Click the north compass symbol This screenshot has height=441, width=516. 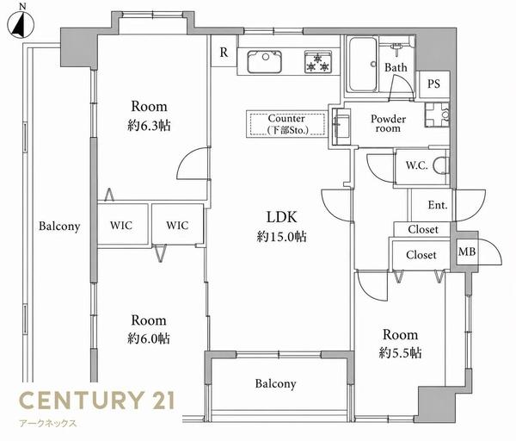point(21,23)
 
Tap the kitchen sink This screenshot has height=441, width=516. point(264,62)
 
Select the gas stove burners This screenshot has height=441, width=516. point(318,62)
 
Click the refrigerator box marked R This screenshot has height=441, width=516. point(224,52)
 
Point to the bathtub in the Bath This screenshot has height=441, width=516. point(362,65)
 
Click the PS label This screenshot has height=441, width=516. point(433,84)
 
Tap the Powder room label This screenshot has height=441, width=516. point(389,123)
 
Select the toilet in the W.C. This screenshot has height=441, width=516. point(441,165)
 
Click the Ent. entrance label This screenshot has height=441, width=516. point(438,205)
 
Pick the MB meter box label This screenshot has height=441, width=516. point(467,252)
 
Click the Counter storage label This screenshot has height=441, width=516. point(287,124)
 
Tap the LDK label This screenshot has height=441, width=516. point(282,217)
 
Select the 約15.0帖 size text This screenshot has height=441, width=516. point(281,236)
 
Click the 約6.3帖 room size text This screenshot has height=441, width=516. point(149,125)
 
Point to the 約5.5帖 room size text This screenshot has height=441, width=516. point(400,352)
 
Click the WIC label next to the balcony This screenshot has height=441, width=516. point(121,226)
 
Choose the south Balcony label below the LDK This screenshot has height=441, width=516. point(275,383)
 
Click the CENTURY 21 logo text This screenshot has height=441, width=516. point(96,400)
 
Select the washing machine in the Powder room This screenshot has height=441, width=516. point(437,115)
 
